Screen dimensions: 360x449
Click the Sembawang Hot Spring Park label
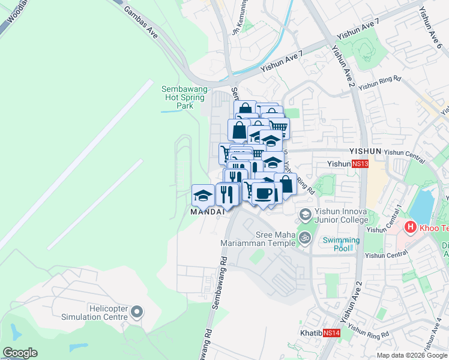[184, 97]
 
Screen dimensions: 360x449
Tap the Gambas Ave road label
[140, 23]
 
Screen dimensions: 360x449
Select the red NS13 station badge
[360, 163]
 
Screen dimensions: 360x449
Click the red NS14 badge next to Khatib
[331, 332]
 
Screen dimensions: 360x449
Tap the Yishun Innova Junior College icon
[306, 214]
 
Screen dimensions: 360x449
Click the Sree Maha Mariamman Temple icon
[306, 238]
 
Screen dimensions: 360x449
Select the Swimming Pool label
[341, 244]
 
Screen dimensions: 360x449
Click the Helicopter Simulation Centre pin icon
[137, 311]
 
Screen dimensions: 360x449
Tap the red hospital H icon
[411, 227]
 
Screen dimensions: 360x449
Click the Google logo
[20, 353]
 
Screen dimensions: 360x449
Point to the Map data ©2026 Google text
[411, 355]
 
